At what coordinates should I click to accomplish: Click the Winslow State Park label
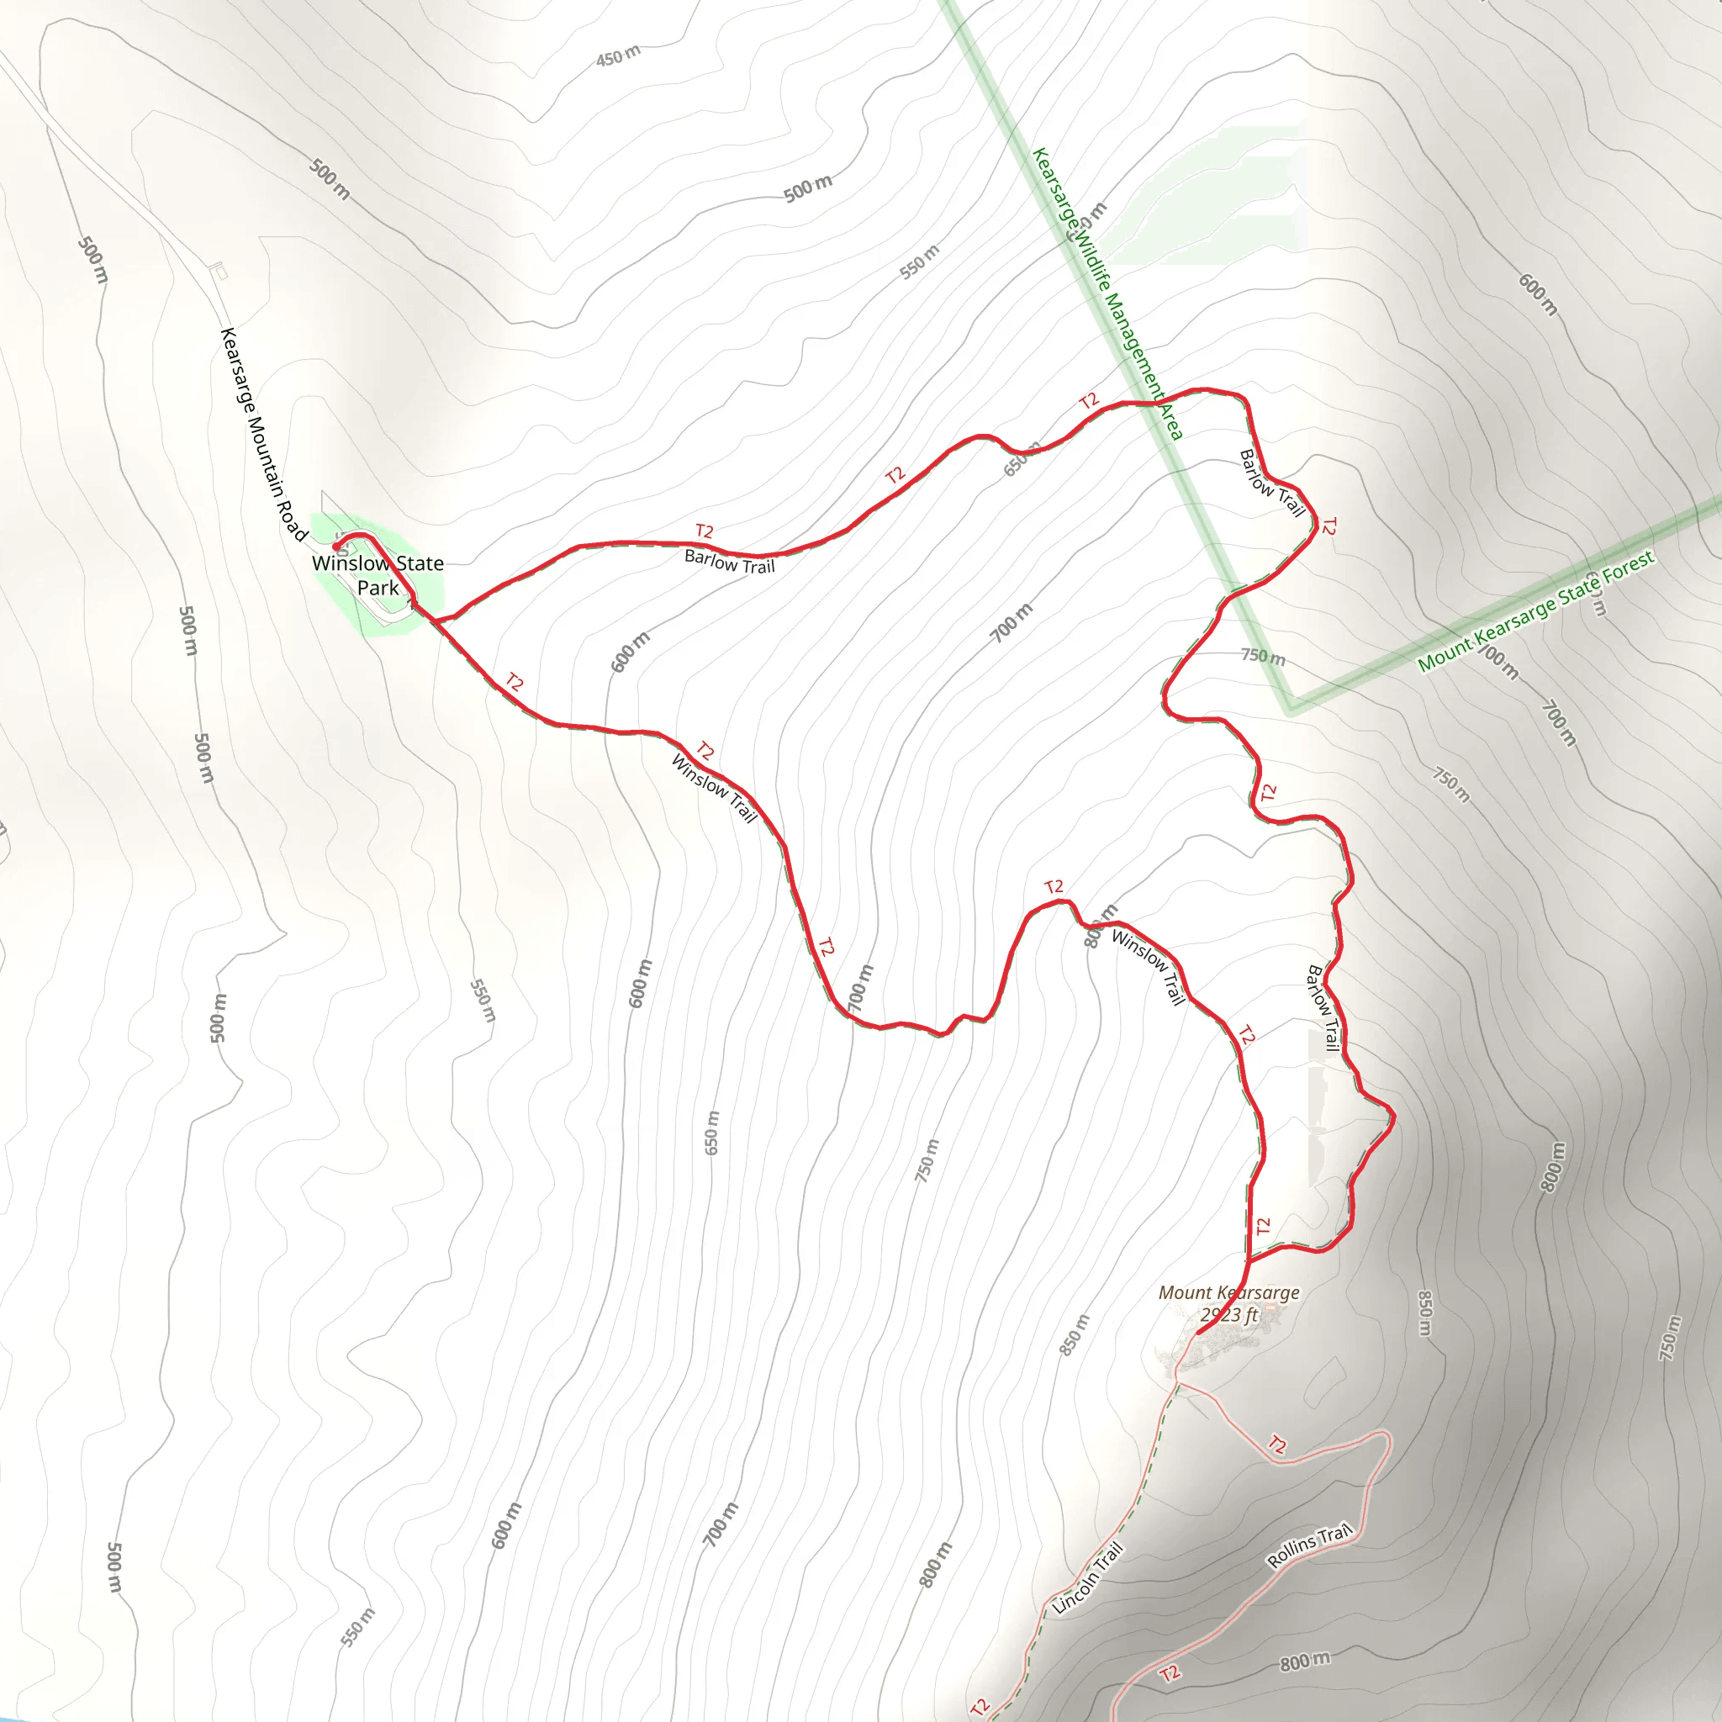(x=378, y=575)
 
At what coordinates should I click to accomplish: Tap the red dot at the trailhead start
(x=336, y=546)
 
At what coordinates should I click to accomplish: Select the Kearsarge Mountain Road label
(x=263, y=434)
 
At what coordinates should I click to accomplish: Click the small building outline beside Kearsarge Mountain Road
(x=219, y=272)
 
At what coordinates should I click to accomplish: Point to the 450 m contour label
(x=618, y=56)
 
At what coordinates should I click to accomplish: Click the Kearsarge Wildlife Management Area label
(x=1107, y=293)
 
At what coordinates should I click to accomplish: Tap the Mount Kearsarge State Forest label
(x=1535, y=610)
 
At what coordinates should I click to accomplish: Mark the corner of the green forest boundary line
(x=1291, y=710)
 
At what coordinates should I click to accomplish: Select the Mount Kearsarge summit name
(x=1228, y=1292)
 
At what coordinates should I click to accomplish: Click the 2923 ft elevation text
(x=1228, y=1315)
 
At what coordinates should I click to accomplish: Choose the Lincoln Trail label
(x=1087, y=1577)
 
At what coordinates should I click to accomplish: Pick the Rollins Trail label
(x=1309, y=1546)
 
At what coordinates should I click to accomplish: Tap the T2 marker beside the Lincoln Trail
(x=980, y=1706)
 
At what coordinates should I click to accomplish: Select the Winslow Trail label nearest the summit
(x=1148, y=966)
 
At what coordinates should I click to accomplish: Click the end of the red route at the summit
(x=1196, y=1334)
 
